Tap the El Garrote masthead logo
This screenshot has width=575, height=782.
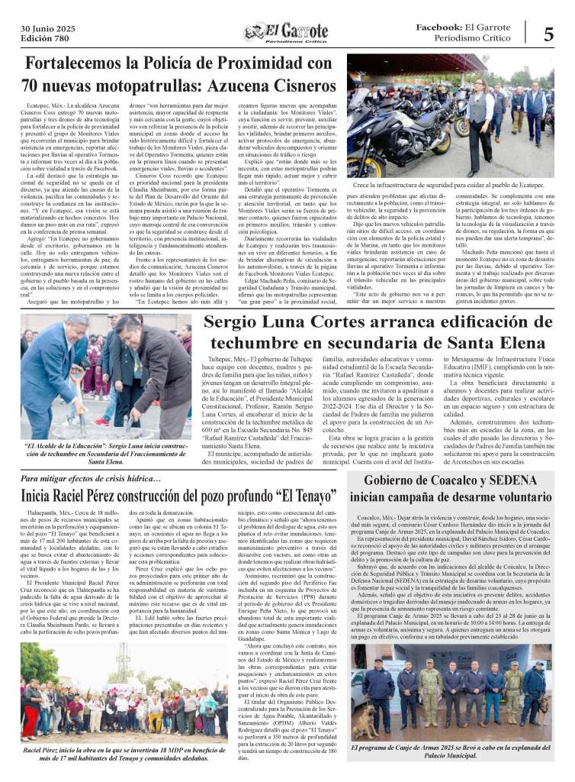[287, 34]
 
